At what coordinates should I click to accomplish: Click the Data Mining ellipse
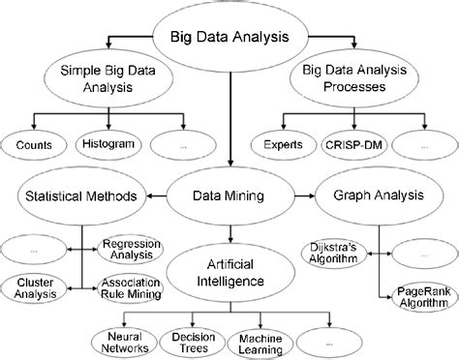coord(230,195)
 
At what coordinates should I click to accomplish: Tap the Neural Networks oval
coord(123,341)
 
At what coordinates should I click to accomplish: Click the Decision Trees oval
coord(194,341)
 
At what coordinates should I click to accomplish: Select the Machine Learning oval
coord(261,341)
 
